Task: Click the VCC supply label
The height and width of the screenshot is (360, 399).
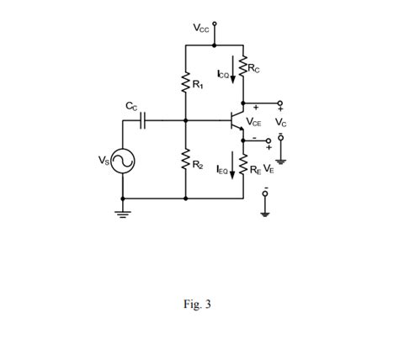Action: point(202,27)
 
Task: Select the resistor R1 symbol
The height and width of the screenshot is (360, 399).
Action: point(185,83)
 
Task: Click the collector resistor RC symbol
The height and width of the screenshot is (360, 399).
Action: point(244,66)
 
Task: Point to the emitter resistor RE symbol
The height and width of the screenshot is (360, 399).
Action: point(244,168)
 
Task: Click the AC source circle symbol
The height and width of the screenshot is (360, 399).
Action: point(125,161)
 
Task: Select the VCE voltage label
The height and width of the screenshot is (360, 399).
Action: point(253,123)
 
